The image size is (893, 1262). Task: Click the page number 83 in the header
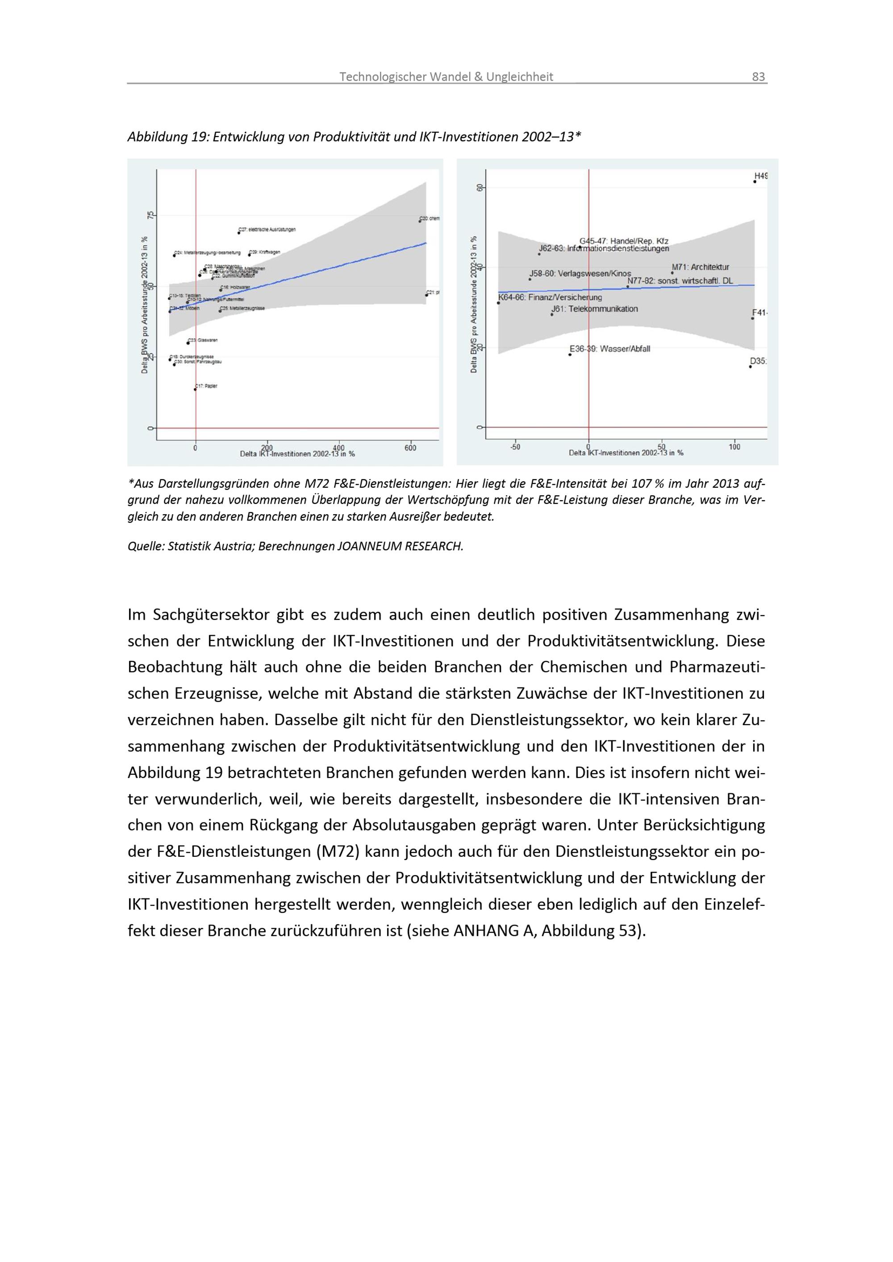tap(758, 76)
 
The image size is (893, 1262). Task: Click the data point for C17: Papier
tap(195, 389)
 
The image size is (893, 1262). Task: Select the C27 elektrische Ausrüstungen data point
tap(238, 232)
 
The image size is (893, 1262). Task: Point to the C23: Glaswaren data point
tap(188, 343)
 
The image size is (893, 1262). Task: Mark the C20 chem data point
tap(420, 221)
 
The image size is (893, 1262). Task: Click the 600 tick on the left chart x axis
tap(410, 448)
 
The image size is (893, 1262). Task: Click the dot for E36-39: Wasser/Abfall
tap(570, 354)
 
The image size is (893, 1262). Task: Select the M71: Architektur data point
tap(672, 273)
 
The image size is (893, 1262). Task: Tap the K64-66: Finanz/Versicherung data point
tap(499, 303)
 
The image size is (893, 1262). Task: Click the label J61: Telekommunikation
tap(595, 309)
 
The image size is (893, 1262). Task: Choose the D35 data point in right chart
tap(750, 367)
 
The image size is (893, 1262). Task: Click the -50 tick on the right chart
tap(515, 447)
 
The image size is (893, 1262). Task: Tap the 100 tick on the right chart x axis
tap(734, 447)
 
